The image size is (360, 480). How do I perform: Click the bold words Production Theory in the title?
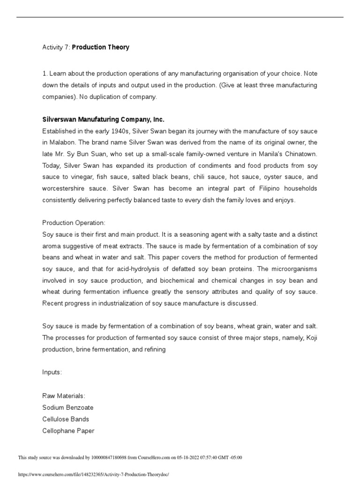coord(100,47)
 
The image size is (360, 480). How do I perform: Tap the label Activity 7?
coord(56,47)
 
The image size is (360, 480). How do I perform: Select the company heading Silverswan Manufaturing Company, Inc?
coord(103,120)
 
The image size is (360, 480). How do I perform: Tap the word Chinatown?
coord(300,154)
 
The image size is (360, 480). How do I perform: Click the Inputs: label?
coord(52,372)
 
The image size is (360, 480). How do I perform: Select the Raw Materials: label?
coord(64,396)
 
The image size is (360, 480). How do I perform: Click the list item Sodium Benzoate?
coord(68,407)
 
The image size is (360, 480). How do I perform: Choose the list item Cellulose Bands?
coord(66,419)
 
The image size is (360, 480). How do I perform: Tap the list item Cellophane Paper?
coord(68,431)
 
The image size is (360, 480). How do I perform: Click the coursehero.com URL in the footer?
coord(93,474)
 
